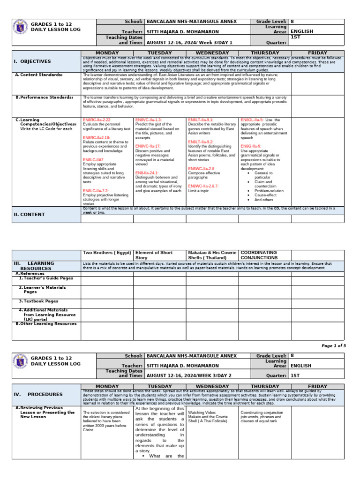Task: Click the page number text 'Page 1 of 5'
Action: [x=333, y=345]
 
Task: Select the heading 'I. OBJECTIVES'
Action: [x=32, y=61]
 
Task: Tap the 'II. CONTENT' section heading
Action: [x=29, y=214]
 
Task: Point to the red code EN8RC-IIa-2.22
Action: [x=97, y=120]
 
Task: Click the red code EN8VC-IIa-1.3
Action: [x=149, y=120]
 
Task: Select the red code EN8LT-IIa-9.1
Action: [x=201, y=120]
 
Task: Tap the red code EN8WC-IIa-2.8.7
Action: [x=203, y=187]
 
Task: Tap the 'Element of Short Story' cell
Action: [x=154, y=255]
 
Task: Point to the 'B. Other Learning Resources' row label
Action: [x=46, y=323]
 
